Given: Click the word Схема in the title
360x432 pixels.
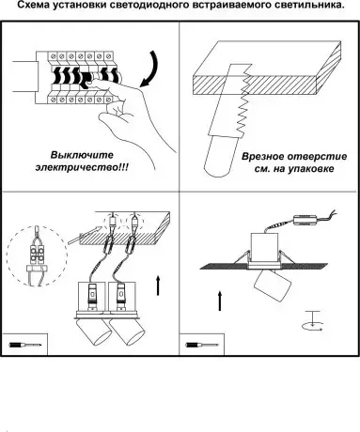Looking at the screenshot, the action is click(33, 5).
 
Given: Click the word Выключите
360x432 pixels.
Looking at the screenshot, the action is click(82, 155).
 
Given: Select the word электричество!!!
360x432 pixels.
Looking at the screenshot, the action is click(82, 167).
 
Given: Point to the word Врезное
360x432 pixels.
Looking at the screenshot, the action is click(261, 156).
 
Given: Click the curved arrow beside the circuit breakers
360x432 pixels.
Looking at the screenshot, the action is click(149, 69).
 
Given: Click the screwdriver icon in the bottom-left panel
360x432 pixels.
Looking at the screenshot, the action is click(25, 345).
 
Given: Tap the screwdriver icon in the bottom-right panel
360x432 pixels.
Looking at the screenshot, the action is click(202, 345).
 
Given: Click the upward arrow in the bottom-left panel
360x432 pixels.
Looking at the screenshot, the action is click(158, 285).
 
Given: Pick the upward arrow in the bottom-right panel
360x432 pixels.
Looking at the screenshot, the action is click(220, 301).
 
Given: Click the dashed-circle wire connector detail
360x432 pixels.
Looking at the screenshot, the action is click(37, 256).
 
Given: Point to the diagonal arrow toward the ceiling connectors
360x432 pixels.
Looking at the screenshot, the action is click(83, 235).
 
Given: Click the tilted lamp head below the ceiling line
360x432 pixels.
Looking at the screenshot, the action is click(273, 285).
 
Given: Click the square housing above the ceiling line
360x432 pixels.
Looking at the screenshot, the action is click(264, 248).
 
